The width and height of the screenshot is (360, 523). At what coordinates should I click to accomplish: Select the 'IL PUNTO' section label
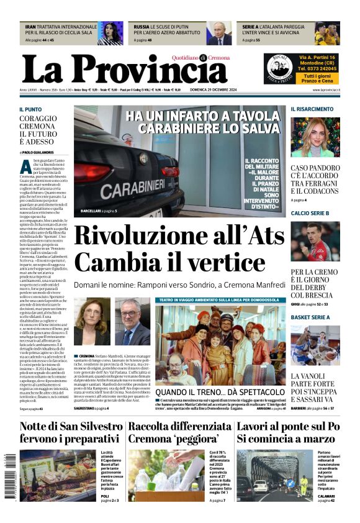tap(30, 109)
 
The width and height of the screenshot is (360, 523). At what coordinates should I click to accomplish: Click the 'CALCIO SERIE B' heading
tap(310, 213)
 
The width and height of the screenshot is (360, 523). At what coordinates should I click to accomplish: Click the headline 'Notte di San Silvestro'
tap(71, 427)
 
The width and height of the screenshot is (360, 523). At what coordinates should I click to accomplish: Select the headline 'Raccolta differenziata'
tap(179, 427)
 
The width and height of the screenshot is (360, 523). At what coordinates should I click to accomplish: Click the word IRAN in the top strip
tap(30, 27)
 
